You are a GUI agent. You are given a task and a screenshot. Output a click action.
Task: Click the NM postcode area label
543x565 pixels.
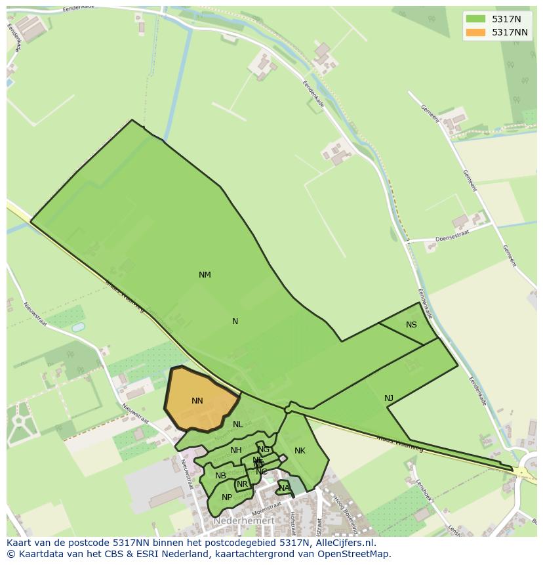click(x=205, y=275)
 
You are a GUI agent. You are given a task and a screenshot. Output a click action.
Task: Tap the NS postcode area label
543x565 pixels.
click(x=411, y=325)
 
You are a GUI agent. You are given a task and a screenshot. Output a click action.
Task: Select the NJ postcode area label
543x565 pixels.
click(x=389, y=398)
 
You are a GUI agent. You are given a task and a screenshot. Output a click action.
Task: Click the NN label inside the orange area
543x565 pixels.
click(x=197, y=401)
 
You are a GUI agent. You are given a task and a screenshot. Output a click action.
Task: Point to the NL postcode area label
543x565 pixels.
click(x=237, y=425)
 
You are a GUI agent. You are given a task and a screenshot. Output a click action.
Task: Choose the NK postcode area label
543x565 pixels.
click(x=300, y=451)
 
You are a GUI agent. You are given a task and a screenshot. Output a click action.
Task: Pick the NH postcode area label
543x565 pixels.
click(x=236, y=450)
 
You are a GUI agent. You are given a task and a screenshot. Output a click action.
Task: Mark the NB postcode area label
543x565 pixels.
click(x=220, y=476)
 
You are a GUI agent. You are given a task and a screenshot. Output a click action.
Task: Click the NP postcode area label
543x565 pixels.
click(x=227, y=497)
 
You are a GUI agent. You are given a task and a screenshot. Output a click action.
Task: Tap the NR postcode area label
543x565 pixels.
click(x=243, y=484)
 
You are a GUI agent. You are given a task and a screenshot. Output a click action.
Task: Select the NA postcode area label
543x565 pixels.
click(x=284, y=488)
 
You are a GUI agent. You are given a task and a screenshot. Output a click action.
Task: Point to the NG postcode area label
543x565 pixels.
click(x=264, y=450)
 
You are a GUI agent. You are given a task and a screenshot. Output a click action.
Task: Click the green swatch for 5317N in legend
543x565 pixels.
click(x=475, y=19)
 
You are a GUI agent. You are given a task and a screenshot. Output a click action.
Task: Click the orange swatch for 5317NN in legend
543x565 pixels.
click(x=475, y=32)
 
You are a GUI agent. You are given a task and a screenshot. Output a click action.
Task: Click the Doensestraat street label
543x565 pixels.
click(x=451, y=239)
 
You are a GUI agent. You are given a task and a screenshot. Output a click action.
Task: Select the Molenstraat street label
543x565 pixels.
click(x=266, y=507)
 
